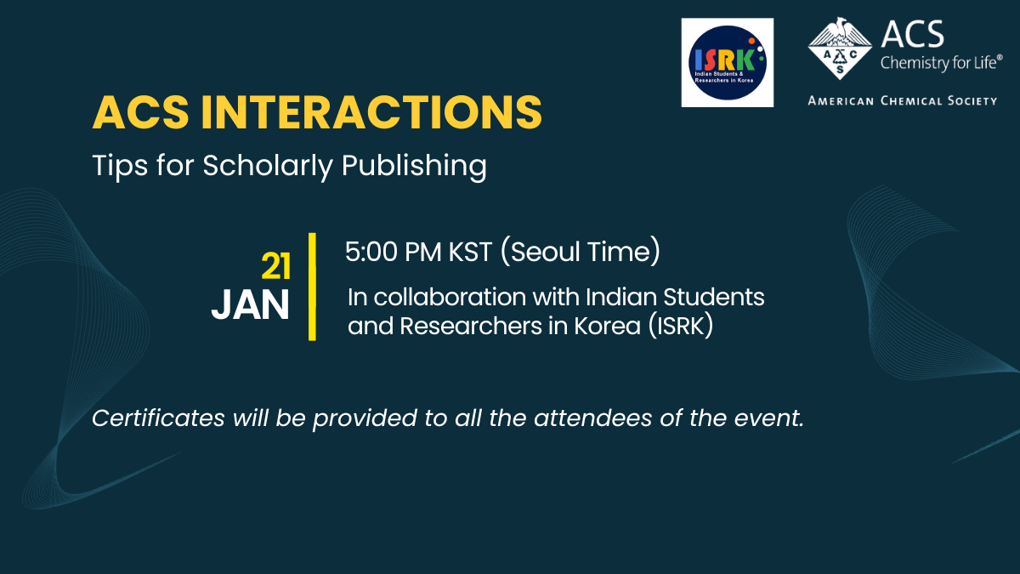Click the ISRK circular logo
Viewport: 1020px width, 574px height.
point(728,62)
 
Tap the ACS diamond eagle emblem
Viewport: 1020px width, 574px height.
point(840,48)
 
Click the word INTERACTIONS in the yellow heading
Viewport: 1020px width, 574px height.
point(371,112)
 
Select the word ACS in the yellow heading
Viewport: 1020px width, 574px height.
point(140,112)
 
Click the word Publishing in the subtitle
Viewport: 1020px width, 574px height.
point(414,166)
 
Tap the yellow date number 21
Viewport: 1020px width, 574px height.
point(276,266)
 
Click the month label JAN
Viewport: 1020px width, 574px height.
point(251,305)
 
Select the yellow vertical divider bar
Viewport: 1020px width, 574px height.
point(312,287)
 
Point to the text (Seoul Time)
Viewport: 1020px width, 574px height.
point(580,252)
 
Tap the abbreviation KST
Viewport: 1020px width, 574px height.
point(470,252)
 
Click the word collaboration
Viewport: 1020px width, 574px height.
point(450,297)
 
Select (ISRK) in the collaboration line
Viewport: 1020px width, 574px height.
point(681,327)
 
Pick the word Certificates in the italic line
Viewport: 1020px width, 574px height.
point(158,418)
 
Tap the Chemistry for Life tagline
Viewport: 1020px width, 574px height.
point(941,62)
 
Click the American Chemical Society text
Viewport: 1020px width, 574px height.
point(903,100)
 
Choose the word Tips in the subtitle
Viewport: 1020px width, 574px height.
point(120,166)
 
